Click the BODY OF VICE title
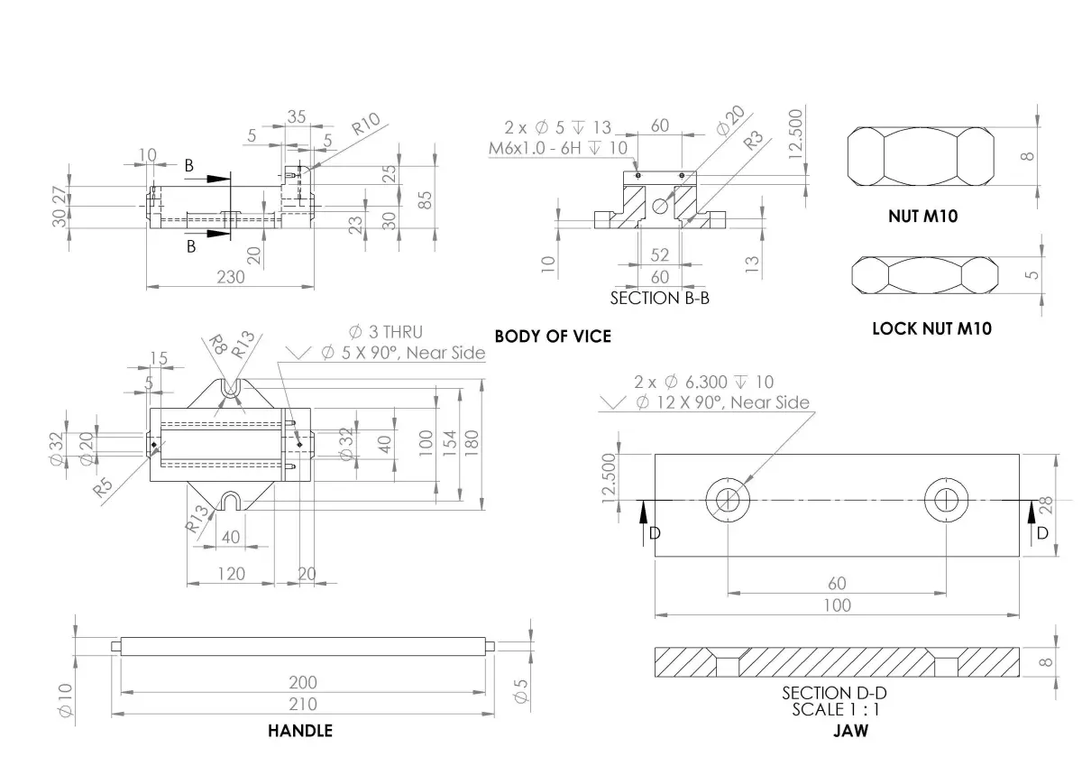(553, 337)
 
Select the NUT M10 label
(922, 217)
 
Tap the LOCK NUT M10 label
(931, 328)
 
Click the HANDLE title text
(300, 731)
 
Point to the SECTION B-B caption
(660, 298)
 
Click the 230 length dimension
(231, 277)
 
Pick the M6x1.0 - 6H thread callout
(558, 148)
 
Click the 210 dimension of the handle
(303, 704)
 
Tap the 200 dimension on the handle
(303, 682)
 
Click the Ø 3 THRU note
(385, 332)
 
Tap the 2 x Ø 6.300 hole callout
(703, 383)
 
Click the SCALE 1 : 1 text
(835, 709)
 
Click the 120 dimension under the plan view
(231, 574)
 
